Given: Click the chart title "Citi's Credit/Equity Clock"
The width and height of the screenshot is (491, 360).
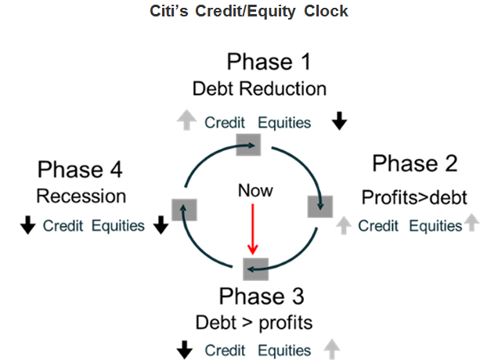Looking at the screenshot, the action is point(248,11).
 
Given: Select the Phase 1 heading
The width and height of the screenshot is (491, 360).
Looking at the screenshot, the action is point(269,62).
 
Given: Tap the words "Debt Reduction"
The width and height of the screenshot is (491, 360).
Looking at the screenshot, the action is point(259,88).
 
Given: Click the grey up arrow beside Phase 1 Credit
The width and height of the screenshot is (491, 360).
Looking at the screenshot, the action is point(186,120).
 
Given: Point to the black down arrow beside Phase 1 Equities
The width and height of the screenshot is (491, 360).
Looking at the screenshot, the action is point(339,121).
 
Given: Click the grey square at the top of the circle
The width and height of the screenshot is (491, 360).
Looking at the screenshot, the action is point(248,145).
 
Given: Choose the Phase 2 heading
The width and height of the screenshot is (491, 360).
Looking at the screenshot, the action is point(415,164).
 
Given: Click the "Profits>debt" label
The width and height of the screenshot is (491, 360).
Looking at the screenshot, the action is point(414,197).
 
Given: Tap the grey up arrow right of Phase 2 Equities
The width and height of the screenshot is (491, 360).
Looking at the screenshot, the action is point(471,222).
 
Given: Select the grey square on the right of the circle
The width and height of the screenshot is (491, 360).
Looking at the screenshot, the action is point(320,207).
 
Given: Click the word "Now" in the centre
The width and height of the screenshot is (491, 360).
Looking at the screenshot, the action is point(255,191).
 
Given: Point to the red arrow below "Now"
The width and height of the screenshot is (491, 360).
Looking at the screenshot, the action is point(253,229).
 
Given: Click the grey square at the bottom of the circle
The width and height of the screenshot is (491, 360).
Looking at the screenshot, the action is point(255,269).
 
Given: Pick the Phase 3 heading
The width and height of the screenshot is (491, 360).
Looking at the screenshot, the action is point(262,296).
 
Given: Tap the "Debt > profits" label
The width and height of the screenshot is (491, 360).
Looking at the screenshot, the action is point(254,322).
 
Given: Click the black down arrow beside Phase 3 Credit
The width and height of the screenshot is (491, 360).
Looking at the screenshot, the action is point(185,350).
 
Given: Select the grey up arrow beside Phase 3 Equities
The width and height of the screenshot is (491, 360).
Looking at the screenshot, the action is point(331,349).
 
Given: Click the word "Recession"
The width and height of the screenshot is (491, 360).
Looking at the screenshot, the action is point(81,196).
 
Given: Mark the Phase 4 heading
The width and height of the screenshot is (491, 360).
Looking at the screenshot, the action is point(80,169).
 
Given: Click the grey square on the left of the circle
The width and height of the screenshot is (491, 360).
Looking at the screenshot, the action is point(185,210).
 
